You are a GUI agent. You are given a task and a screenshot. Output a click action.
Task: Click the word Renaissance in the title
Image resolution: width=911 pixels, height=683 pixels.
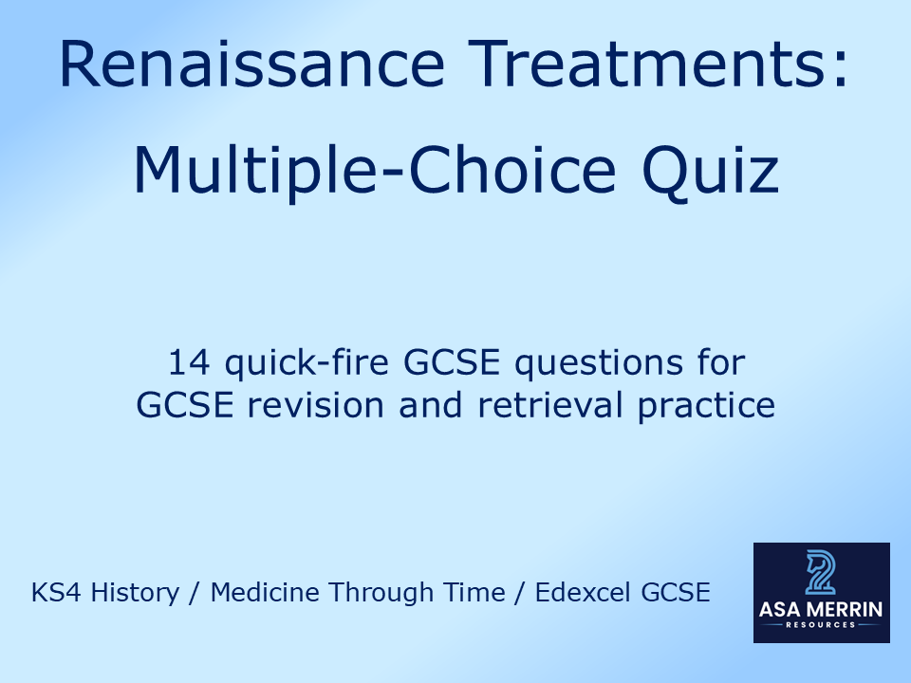tap(251, 65)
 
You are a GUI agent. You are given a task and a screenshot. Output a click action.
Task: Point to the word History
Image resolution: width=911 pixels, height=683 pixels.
tap(137, 594)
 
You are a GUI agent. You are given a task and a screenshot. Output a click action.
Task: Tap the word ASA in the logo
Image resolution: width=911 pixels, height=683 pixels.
tap(783, 610)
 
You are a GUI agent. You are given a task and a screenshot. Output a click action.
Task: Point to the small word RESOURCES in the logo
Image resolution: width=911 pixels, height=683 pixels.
tap(822, 626)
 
